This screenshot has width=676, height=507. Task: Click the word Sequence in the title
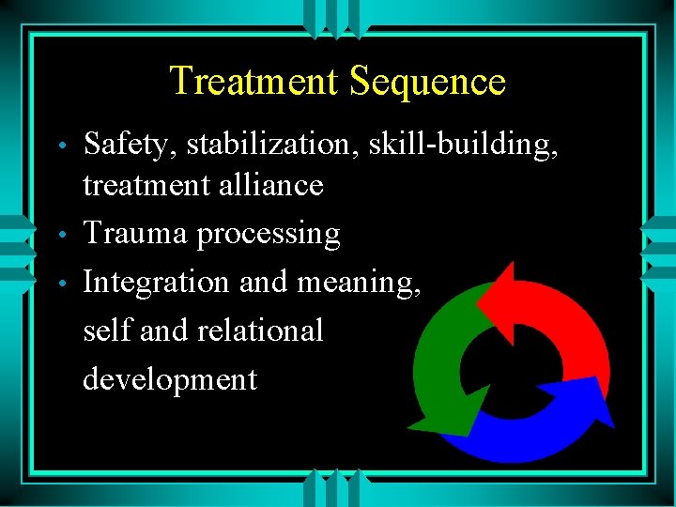(x=427, y=82)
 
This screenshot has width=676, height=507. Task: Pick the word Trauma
(x=135, y=234)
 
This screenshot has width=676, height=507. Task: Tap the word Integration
(x=156, y=283)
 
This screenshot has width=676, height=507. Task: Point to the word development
(x=170, y=380)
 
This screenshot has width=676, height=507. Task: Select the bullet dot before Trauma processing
(x=61, y=235)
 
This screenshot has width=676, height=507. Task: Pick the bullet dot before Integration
(x=61, y=284)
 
